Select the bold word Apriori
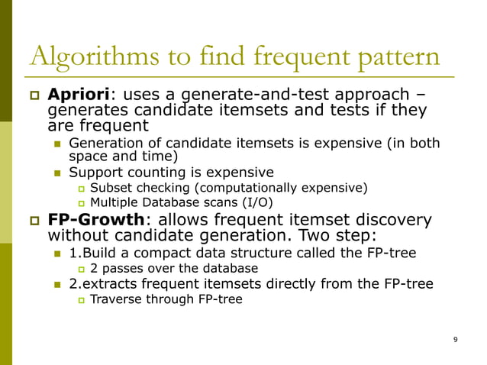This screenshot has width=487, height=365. pos(79,96)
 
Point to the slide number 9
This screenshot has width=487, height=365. pos(455,340)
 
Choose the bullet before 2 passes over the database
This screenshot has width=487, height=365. pos(82,269)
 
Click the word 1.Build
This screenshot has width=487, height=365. pos(90,254)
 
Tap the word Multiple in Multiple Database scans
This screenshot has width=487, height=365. pos(114,202)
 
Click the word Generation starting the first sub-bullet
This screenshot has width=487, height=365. pos(102,144)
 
